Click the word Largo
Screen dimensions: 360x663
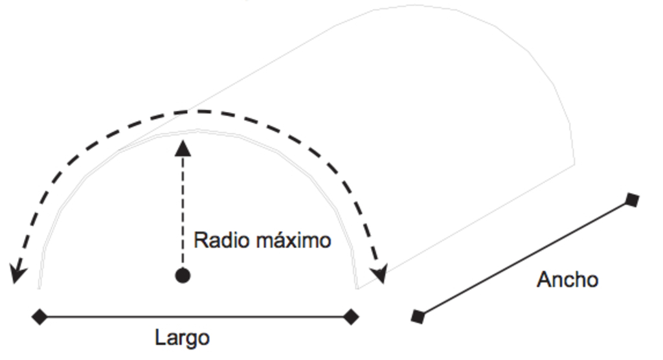[182, 338]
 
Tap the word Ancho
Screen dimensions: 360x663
[567, 280]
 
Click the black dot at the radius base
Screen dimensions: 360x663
[183, 276]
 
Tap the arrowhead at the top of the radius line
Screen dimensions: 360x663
[183, 148]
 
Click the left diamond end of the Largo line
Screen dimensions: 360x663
[40, 317]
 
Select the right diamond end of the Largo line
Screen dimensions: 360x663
[351, 317]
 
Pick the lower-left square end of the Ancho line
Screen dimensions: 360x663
[418, 317]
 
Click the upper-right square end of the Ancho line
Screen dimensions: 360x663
[633, 200]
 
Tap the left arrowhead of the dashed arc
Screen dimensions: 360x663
[17, 273]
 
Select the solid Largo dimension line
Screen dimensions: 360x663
[194, 317]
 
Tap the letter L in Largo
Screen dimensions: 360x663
[160, 337]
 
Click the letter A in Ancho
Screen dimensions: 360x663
[544, 280]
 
